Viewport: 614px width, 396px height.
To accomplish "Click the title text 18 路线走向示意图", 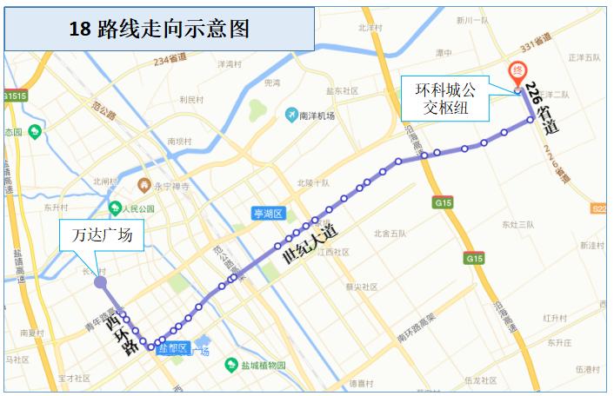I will pyautogui.click(x=159, y=29).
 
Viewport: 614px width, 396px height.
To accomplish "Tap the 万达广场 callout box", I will pyautogui.click(x=101, y=235).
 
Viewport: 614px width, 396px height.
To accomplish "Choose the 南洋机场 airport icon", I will pyautogui.click(x=292, y=115).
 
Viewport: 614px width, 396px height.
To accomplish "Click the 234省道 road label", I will pyautogui.click(x=170, y=61).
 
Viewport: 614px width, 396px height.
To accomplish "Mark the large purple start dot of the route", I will pyautogui.click(x=100, y=281).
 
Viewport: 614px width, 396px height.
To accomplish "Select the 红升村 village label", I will pyautogui.click(x=555, y=319).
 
